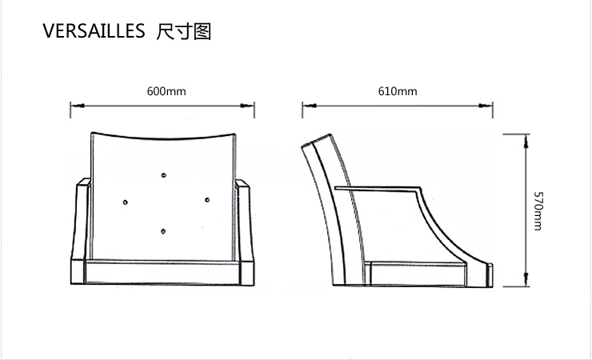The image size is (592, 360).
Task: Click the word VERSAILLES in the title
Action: click(94, 31)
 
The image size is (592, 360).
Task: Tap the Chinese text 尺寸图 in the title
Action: click(183, 31)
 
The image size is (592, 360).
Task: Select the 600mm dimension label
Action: click(166, 91)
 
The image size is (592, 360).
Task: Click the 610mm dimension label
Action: click(398, 91)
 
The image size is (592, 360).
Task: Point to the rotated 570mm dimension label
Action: click(538, 211)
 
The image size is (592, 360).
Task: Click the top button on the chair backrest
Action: click(163, 175)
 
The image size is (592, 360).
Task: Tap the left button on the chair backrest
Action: click(126, 202)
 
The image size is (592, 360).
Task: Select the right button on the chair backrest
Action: click(207, 200)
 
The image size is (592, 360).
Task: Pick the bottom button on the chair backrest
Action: click(163, 231)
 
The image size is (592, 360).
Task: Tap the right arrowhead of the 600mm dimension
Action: click(247, 106)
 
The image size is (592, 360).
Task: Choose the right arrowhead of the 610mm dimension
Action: click(486, 106)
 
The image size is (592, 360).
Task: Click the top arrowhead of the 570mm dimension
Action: click(526, 141)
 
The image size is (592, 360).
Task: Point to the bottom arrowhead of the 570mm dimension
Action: click(526, 279)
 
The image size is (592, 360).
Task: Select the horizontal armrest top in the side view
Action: click(378, 188)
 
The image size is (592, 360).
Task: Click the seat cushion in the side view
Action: click(417, 274)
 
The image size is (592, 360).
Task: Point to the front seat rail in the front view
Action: click(162, 272)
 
